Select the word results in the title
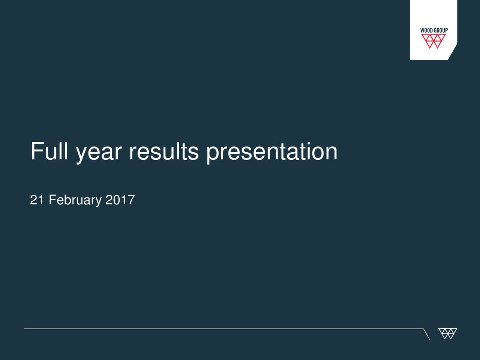[x=163, y=151]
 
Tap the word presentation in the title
[x=272, y=152]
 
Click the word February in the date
[x=75, y=200]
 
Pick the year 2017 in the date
[x=120, y=200]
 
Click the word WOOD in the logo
[x=426, y=31]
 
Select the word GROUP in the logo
[x=441, y=31]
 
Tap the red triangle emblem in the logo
[x=433, y=41]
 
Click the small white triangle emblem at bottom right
[x=447, y=333]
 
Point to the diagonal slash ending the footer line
[x=426, y=334]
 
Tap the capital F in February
[x=52, y=200]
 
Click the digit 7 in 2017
[x=131, y=200]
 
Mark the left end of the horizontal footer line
[x=25, y=329]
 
